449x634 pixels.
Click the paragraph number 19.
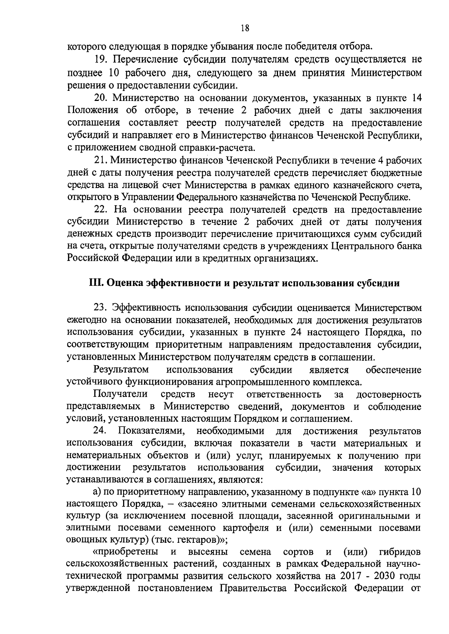point(100,59)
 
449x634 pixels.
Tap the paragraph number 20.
point(101,98)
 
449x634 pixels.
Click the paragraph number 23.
point(101,307)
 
